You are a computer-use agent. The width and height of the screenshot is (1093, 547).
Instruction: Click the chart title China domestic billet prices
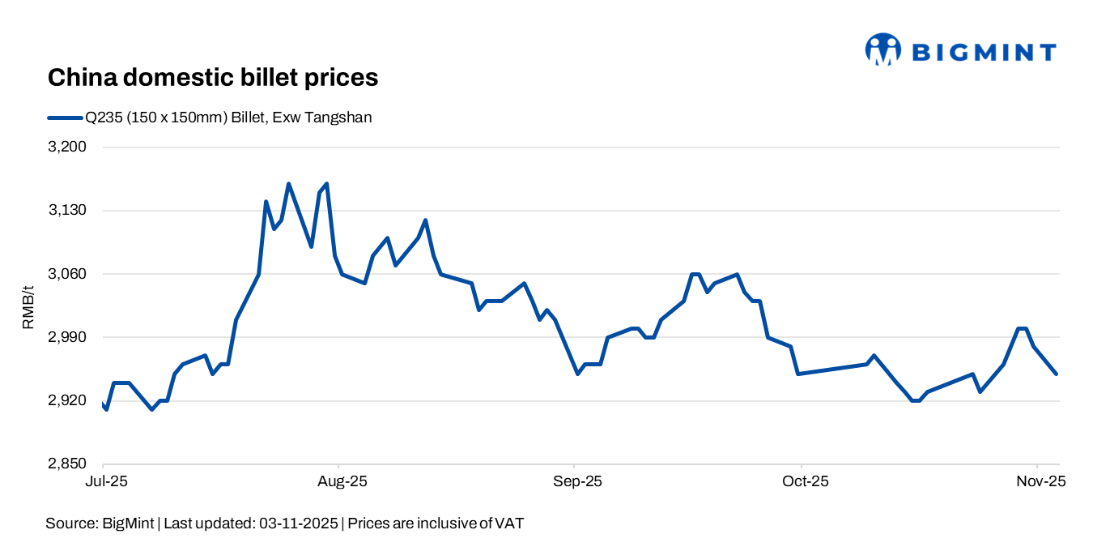point(213,78)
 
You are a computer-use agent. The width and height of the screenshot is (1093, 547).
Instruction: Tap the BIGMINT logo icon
point(882,49)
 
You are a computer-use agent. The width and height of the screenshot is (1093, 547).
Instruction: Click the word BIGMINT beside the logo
point(984,53)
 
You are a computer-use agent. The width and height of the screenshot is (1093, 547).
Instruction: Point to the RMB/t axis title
point(28,306)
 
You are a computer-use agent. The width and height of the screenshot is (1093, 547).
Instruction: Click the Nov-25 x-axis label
point(1039,481)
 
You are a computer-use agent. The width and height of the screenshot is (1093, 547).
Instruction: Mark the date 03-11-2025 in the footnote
point(300,523)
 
